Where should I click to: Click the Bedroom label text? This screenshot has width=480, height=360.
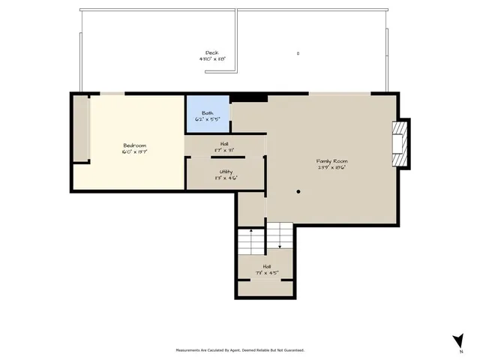coord(135,145)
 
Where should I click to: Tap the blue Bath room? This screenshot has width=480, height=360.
coord(208,115)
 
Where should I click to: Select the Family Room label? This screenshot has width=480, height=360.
coord(331,160)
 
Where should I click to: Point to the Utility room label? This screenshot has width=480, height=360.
coord(225,172)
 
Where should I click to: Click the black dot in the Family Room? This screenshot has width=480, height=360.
coord(298,191)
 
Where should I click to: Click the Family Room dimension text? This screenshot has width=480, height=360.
coord(331,167)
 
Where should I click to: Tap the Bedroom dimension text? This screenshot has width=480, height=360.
coord(135,151)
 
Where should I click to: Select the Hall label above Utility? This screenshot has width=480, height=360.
coord(224,144)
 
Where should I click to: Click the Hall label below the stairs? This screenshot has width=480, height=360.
coord(267,266)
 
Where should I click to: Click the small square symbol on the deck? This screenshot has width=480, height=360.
coord(298,53)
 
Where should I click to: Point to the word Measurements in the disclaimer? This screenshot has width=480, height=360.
coord(190,349)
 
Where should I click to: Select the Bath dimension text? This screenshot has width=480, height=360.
coord(207,119)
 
